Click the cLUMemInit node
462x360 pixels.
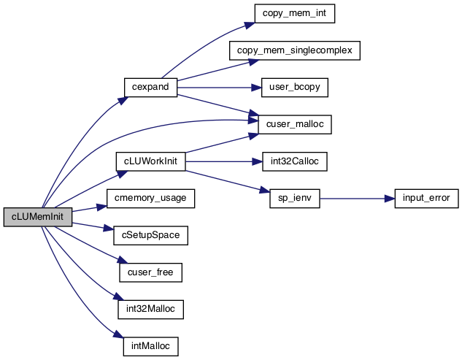coord(38,217)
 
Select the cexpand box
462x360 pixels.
coord(150,88)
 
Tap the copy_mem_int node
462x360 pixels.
coord(295,14)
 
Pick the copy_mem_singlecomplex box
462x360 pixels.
coord(295,50)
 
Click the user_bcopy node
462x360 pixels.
coord(295,88)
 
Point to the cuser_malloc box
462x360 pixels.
coord(295,124)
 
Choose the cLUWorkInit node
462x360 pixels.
coord(150,161)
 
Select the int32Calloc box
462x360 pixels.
coord(295,161)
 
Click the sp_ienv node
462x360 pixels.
coord(295,199)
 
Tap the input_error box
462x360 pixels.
coord(426,199)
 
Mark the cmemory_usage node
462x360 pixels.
coord(150,199)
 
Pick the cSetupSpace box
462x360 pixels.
coord(150,235)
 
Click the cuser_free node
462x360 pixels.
coord(150,272)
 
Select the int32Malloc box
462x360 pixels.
coord(150,310)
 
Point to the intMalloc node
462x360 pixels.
coord(150,346)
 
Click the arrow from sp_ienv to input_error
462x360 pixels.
coord(357,199)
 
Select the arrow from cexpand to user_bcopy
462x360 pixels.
coord(220,88)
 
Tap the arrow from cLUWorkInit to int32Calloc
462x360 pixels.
coord(224,161)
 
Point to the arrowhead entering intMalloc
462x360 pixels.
coord(118,334)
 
